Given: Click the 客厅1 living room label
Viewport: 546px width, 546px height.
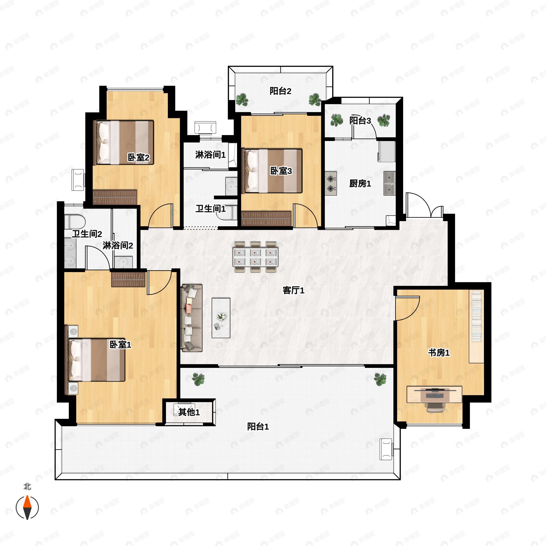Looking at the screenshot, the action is (x=293, y=290).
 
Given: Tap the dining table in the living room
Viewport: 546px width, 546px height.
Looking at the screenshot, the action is (x=255, y=257).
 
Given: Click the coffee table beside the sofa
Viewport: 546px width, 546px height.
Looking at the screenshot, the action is (x=221, y=318).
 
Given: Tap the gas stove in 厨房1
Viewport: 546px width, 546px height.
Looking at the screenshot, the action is (x=331, y=183).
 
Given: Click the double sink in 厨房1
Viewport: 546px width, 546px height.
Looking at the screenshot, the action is (x=389, y=183).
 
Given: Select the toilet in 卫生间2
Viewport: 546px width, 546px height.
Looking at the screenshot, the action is (x=75, y=222).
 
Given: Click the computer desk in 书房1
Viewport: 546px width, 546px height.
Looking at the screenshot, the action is (x=434, y=394).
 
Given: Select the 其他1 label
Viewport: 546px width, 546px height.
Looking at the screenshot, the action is (x=189, y=412).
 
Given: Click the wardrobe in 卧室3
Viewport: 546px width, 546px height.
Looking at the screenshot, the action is (x=266, y=219).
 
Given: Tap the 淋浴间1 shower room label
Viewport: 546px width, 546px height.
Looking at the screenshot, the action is (x=210, y=155).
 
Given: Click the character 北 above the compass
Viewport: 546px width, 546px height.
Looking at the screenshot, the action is (x=27, y=487).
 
